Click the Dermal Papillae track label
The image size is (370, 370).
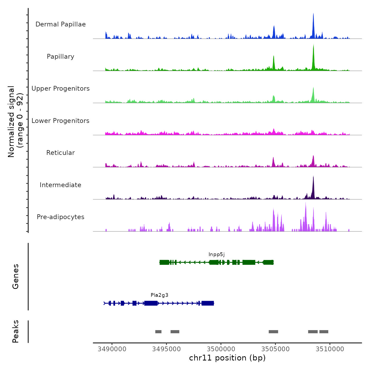(61, 24)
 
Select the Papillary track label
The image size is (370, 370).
(61, 57)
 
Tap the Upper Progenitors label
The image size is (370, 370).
(61, 89)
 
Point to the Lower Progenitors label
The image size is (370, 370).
(61, 121)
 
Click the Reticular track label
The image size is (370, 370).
(61, 153)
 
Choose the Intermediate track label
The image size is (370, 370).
(61, 185)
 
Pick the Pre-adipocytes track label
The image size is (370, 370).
(61, 217)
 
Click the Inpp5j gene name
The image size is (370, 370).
(216, 255)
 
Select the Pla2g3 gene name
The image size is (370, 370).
(159, 295)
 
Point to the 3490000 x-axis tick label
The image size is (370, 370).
(112, 349)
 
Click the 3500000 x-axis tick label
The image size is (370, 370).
(221, 349)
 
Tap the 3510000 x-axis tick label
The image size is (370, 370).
(330, 349)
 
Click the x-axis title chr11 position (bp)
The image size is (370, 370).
(227, 358)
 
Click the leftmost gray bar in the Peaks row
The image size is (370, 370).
(158, 332)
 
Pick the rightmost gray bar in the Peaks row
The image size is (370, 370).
(324, 332)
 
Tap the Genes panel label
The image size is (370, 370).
(16, 276)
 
